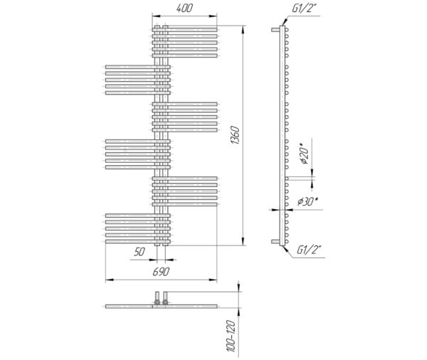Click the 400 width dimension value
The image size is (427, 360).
pos(184,8)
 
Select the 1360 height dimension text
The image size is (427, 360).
pos(234,135)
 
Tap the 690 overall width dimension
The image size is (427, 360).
pos(161,272)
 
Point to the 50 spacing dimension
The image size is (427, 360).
pos(139,252)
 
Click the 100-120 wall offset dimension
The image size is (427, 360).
pos(231,336)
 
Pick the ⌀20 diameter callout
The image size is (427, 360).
pos(305,154)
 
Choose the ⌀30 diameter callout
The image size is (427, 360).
pos(307,202)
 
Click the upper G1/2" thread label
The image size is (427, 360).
pos(305,9)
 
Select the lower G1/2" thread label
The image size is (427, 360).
pos(309,250)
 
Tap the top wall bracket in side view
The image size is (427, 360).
pos(275,30)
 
